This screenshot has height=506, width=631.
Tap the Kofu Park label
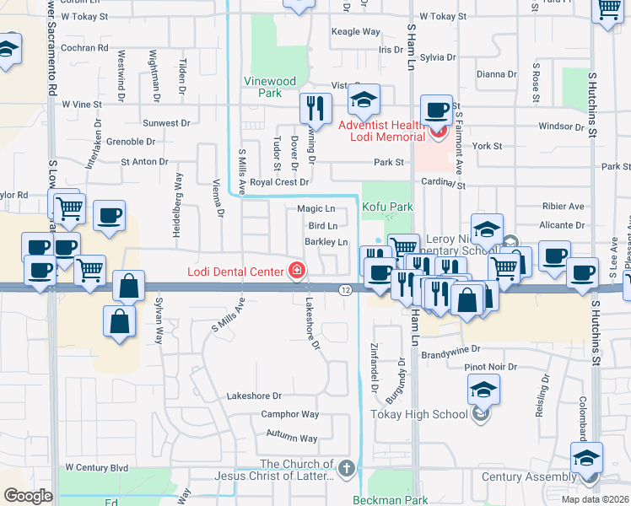pos(387,207)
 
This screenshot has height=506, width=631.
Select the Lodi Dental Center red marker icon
pos(296,271)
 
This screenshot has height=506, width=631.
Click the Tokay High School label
pos(419,414)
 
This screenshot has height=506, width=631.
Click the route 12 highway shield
pos(346,289)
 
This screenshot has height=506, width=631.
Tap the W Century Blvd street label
pos(96,467)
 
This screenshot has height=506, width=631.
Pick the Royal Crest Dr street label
pos(279,181)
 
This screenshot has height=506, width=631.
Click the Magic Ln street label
pos(316,208)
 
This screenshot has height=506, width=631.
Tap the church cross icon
pos(345,467)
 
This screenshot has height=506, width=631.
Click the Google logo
pos(28,496)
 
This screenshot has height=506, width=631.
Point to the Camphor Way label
pos(289,414)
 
